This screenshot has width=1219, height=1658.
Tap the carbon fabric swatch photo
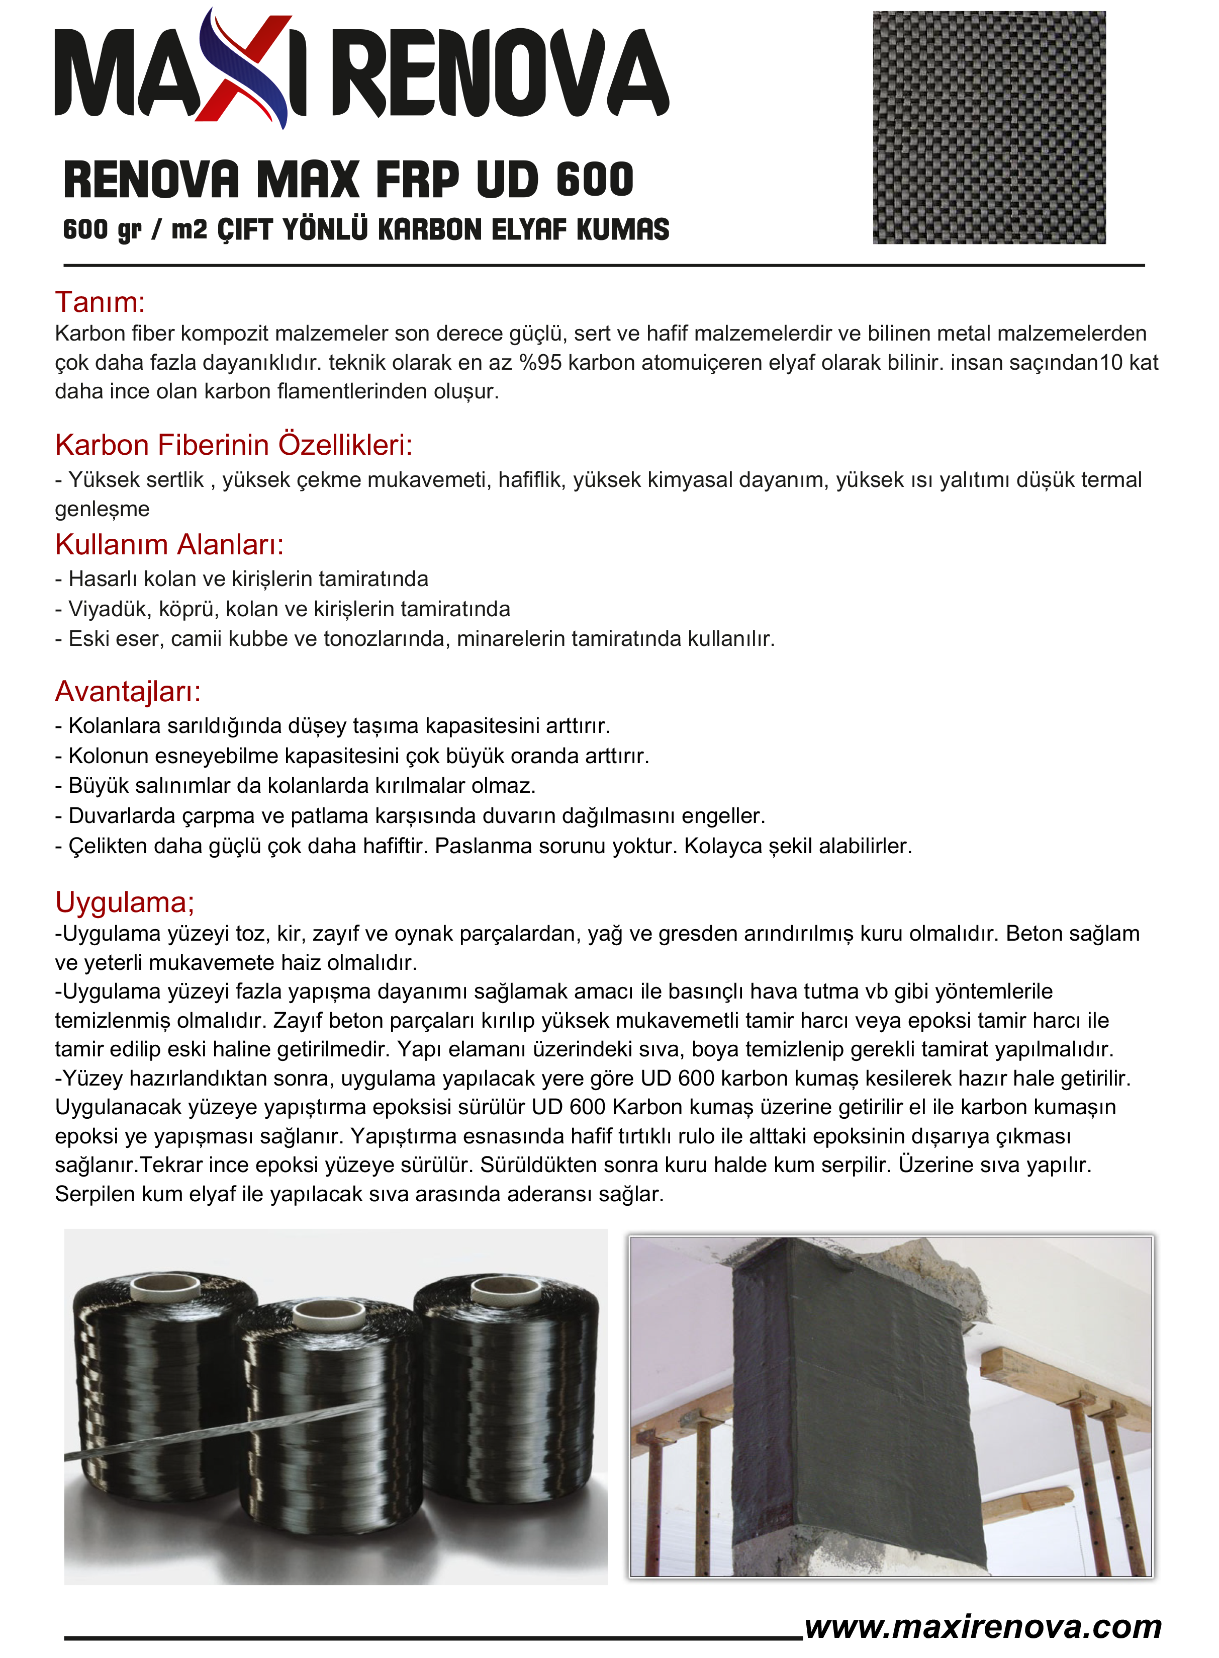pos(988,127)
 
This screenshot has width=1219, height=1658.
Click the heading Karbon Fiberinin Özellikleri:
pos(233,445)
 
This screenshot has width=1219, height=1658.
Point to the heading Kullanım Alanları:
pos(169,544)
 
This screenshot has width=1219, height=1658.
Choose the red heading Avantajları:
pos(128,692)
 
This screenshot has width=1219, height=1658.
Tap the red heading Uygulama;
pos(124,902)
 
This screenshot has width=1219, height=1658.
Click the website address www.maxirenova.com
pos(983,1626)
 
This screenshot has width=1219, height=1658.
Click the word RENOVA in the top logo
pos(501,74)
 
